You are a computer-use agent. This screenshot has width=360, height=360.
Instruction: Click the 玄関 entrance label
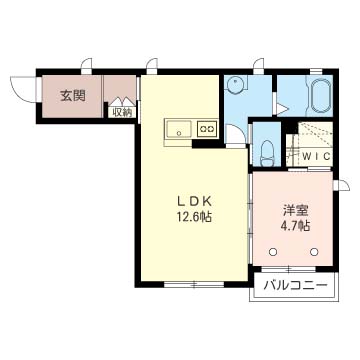73,96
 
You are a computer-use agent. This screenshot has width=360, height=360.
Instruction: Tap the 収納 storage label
122,113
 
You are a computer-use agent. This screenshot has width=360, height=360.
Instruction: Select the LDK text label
194,202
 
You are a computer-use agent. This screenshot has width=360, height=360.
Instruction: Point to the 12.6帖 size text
194,218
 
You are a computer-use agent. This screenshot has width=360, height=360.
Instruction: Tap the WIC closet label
316,156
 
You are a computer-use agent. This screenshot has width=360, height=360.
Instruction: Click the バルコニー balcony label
295,285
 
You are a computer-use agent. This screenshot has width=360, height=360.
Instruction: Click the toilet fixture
267,152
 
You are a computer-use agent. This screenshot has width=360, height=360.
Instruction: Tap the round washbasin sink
236,84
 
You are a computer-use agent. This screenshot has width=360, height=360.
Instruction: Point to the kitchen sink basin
179,129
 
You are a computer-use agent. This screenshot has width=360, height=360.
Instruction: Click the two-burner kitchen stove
207,128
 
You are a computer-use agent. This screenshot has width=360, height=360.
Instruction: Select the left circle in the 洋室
273,252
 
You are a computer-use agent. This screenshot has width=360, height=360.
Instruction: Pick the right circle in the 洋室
313,252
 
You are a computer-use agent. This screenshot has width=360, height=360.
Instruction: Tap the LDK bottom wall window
194,284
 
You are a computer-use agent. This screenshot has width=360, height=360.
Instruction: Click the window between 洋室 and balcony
288,269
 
